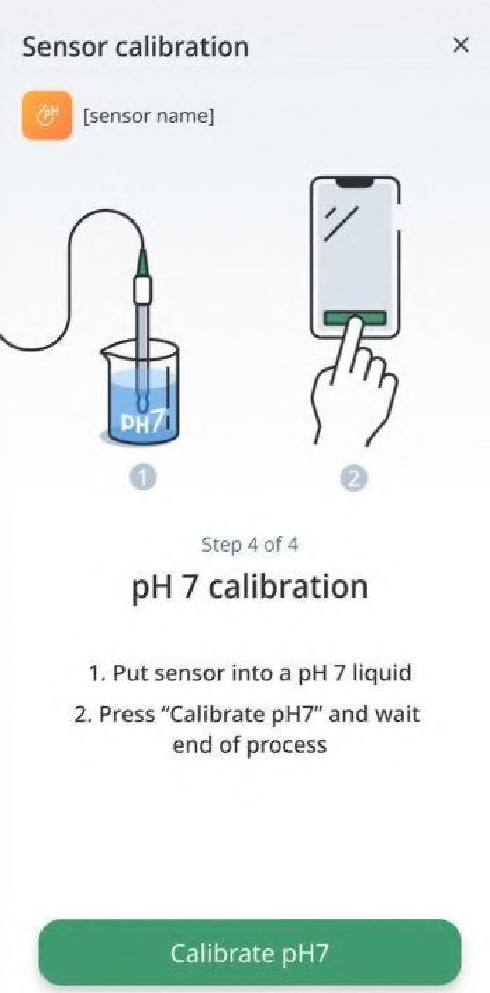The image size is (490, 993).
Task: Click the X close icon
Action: point(461,45)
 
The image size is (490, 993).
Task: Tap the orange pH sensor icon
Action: point(47,116)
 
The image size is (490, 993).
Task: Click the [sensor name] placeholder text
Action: point(149,116)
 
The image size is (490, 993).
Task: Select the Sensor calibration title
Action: point(135,47)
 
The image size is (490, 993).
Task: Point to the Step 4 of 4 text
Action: point(249,545)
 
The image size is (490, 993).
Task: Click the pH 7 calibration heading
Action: point(250,587)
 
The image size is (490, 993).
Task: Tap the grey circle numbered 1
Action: point(143,478)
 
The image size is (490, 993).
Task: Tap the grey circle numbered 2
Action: point(354,478)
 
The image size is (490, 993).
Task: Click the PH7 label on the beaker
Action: point(143,423)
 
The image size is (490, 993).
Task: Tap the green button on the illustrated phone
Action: point(355,317)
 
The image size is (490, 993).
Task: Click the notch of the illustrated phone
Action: point(354,182)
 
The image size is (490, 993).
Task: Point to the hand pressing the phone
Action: point(353,381)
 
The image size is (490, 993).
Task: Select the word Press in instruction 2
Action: point(127,714)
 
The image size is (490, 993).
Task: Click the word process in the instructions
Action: point(286,745)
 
